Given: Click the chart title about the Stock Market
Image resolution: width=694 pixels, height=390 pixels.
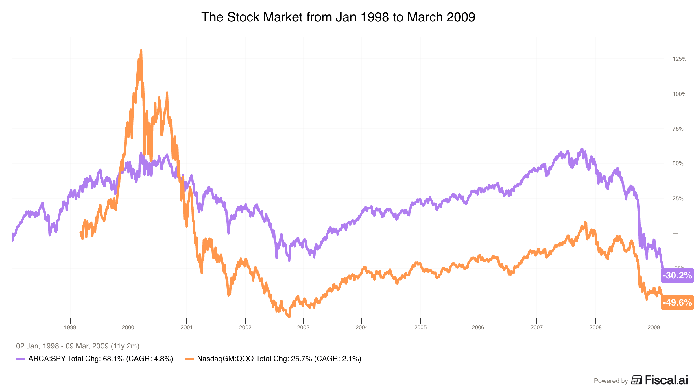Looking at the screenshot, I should pyautogui.click(x=338, y=17).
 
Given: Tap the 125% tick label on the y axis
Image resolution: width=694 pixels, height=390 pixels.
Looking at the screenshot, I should pyautogui.click(x=679, y=59).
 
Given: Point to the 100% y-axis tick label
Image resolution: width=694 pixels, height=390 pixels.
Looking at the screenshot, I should pyautogui.click(x=679, y=94).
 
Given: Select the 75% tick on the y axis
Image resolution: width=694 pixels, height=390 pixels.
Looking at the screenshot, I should pyautogui.click(x=678, y=129).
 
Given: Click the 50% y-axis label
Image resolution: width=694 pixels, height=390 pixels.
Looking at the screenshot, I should pyautogui.click(x=678, y=164).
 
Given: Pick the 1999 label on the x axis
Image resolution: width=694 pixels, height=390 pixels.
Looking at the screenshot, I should pyautogui.click(x=70, y=327).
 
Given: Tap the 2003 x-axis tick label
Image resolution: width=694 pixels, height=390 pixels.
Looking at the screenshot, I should pyautogui.click(x=303, y=327).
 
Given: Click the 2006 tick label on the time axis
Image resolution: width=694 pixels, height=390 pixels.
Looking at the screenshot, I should pyautogui.click(x=478, y=327).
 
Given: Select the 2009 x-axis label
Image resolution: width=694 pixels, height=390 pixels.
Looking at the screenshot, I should pyautogui.click(x=654, y=327).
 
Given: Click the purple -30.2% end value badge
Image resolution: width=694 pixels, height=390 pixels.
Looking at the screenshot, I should pyautogui.click(x=677, y=275).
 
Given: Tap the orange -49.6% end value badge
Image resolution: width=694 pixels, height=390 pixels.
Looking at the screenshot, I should pyautogui.click(x=677, y=302).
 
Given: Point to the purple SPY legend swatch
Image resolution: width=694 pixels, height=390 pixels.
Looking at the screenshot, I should pyautogui.click(x=21, y=359).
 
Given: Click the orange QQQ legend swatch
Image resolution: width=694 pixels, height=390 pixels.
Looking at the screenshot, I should pyautogui.click(x=189, y=359).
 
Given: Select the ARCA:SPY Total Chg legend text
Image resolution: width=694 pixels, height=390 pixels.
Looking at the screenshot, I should pyautogui.click(x=101, y=359).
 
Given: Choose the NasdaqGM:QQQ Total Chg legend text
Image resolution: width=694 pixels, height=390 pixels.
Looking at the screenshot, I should pyautogui.click(x=279, y=359).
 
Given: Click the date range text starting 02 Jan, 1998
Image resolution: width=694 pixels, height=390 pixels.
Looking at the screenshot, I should pyautogui.click(x=78, y=346).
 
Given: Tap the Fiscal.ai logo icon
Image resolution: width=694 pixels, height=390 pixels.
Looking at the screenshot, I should pyautogui.click(x=636, y=380).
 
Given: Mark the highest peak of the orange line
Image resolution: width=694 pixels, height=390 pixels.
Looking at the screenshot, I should pyautogui.click(x=141, y=51).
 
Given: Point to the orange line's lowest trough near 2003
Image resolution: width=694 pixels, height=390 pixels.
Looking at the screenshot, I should pyautogui.click(x=289, y=316).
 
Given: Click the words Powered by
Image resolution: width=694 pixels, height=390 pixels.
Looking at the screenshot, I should pyautogui.click(x=611, y=381).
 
